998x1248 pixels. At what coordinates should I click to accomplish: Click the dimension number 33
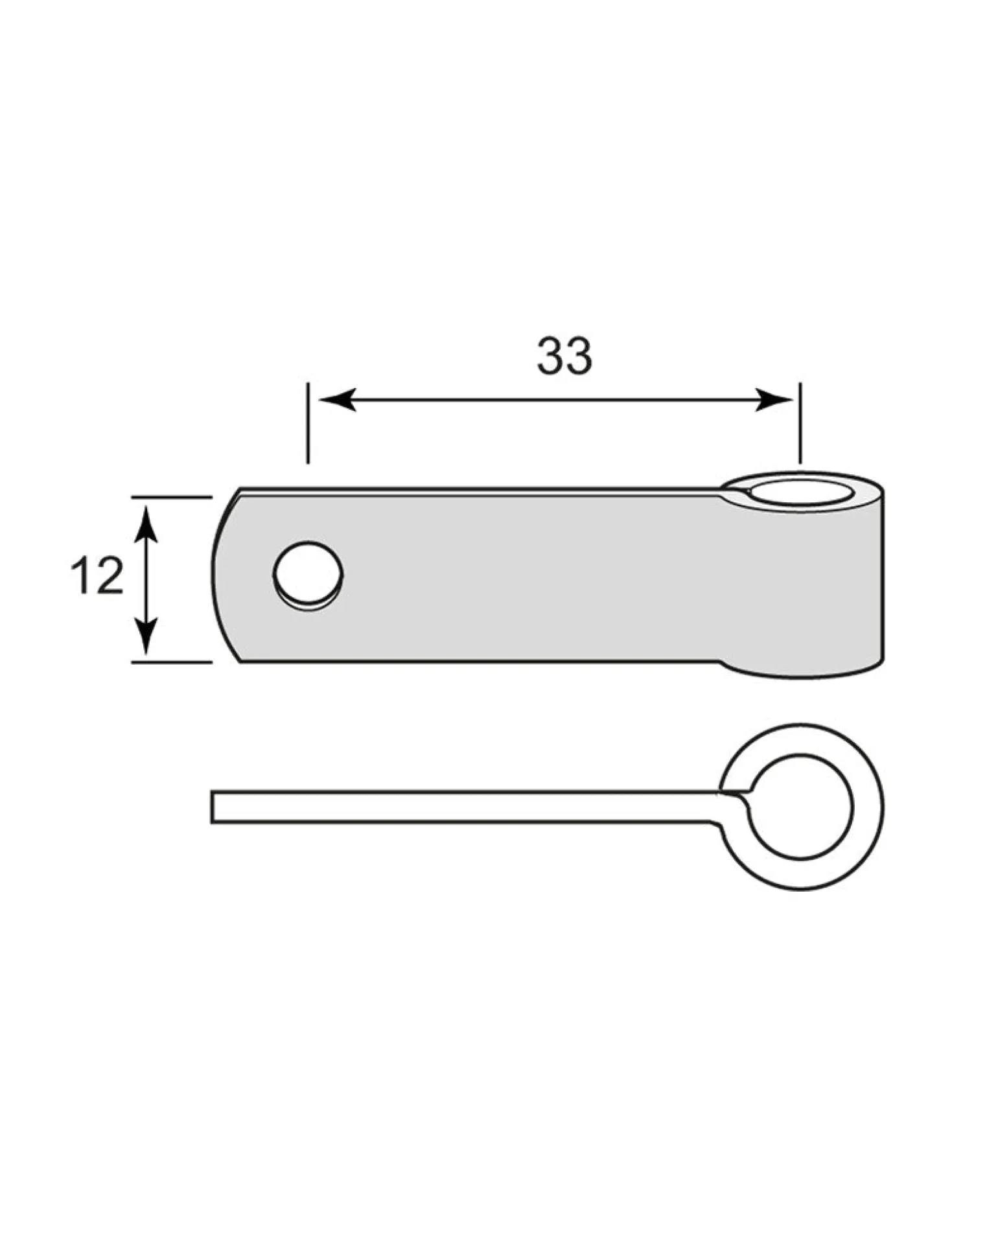[564, 356]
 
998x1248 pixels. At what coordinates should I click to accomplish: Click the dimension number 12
[97, 575]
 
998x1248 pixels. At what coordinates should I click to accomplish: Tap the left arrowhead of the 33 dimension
[338, 400]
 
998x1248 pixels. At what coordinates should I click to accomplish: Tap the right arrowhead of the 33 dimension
[774, 400]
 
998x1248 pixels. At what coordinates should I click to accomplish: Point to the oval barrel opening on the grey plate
[802, 492]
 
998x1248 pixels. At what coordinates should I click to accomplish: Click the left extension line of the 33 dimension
[308, 423]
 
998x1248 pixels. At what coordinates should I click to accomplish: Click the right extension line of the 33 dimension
[800, 423]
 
